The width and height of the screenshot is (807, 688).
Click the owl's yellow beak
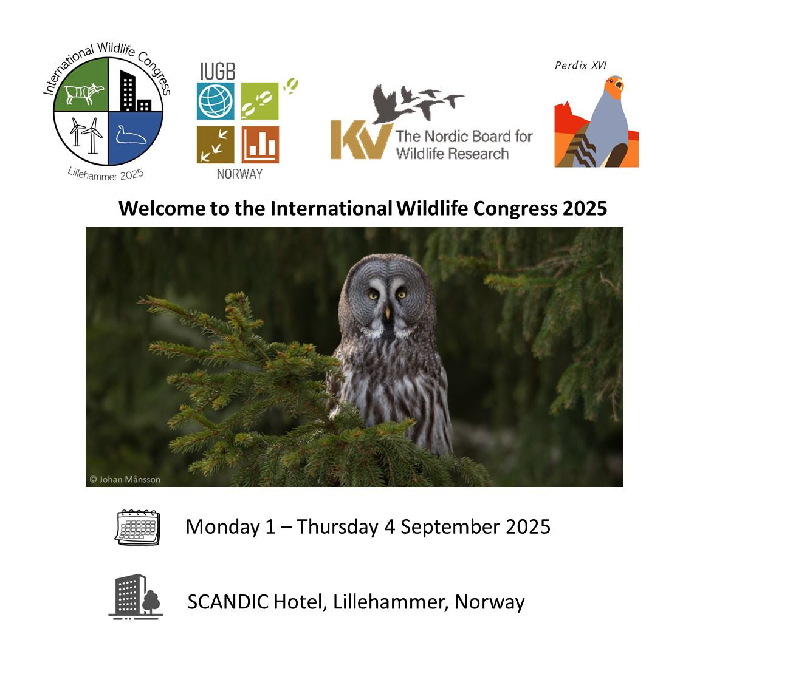point(388,313)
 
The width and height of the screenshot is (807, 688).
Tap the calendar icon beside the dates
point(137,527)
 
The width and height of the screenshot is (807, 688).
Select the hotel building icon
point(136,597)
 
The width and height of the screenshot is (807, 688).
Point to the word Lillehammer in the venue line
point(390,602)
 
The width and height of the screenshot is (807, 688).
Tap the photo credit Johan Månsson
point(125,479)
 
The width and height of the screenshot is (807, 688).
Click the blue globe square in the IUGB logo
point(216,101)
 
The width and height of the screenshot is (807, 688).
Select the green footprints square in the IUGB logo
point(259,101)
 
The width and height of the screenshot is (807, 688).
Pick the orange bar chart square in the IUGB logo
point(260,145)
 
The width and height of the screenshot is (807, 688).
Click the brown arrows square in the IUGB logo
point(216,145)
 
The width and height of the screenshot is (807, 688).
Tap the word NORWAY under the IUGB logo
point(239,174)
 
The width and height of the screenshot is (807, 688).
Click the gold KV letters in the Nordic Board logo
point(361,140)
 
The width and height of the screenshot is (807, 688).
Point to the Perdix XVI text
point(580,66)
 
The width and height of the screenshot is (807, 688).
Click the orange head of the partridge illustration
point(613,87)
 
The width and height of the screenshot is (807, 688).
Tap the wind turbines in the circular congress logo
point(86,135)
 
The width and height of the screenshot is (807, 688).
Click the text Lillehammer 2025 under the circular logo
point(106,174)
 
